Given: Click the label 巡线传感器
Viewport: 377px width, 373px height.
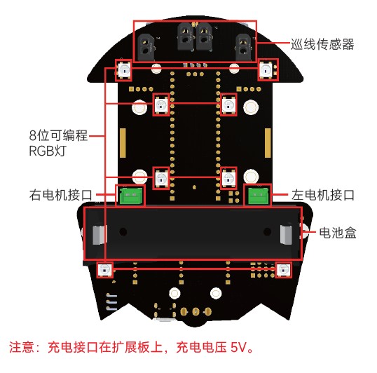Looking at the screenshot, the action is (322, 44).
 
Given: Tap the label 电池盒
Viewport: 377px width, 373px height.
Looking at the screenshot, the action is (338, 233).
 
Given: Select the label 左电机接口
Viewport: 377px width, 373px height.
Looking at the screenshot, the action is (322, 195).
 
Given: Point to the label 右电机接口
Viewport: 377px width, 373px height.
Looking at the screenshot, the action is (61, 195).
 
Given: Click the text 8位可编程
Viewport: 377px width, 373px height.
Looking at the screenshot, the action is (58, 135).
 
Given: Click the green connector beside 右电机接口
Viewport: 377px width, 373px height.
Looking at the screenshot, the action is (131, 196).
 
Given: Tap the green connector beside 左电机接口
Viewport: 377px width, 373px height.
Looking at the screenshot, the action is (258, 196).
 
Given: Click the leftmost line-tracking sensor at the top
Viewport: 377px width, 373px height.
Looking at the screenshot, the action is (146, 47).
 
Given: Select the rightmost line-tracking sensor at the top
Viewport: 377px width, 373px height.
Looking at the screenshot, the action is (244, 47).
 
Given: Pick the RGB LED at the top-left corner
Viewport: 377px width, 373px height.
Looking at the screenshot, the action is (124, 70).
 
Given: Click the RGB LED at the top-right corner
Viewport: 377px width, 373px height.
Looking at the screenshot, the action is (266, 70).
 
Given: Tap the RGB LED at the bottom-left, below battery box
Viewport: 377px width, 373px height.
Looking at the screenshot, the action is (105, 270).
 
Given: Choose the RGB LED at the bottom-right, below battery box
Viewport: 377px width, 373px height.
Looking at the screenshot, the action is (283, 270).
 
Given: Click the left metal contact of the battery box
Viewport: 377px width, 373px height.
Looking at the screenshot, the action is (100, 235).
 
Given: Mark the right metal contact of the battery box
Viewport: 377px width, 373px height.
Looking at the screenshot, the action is (286, 235).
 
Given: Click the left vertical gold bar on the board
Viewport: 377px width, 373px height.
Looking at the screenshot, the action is (123, 143).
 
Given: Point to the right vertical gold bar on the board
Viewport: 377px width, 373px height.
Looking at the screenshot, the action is (268, 143).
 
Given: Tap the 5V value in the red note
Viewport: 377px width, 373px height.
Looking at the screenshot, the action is (239, 348).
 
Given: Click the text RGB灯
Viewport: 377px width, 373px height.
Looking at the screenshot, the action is (48, 151).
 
